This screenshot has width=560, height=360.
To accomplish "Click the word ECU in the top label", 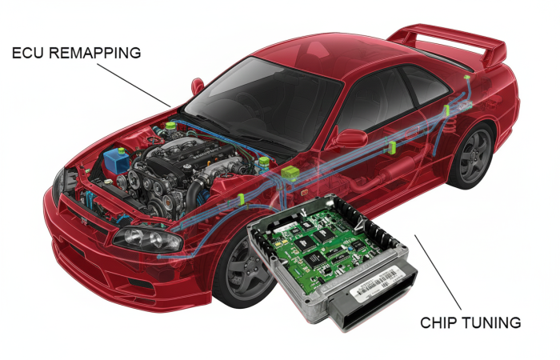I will coord(28,54).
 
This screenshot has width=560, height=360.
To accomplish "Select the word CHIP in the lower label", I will coord(438,323).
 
